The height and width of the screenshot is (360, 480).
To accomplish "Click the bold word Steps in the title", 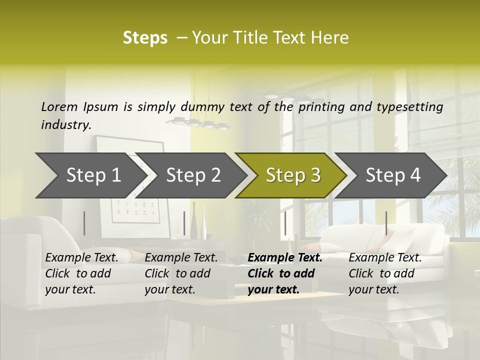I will (x=145, y=38).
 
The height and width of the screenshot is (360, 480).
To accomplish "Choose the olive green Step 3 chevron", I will (x=293, y=175).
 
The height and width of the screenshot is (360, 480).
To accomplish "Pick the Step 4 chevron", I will (x=393, y=175).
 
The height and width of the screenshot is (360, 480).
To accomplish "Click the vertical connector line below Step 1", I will (x=84, y=223).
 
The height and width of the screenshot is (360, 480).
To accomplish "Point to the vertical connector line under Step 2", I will (x=184, y=223).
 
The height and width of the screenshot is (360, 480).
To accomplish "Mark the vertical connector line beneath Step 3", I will (x=285, y=223).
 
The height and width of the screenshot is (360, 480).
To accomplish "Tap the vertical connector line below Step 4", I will (x=386, y=223).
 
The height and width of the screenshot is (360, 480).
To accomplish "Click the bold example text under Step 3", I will (x=284, y=273).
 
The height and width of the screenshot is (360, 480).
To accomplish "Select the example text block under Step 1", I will (x=81, y=273).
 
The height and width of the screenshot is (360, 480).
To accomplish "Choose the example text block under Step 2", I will (x=181, y=273).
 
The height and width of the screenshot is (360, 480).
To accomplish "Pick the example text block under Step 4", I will (x=385, y=273).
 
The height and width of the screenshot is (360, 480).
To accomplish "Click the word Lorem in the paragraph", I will (x=59, y=106).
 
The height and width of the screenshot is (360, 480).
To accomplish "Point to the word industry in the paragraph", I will (x=66, y=124).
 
